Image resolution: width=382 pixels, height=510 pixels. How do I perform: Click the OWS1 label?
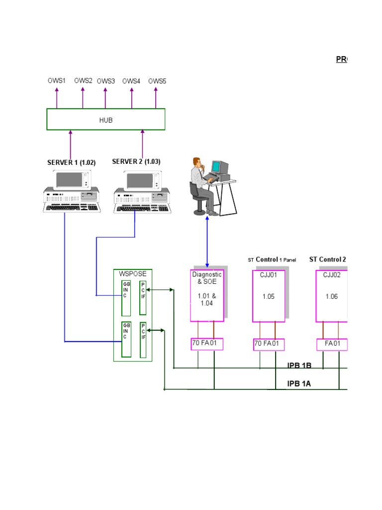point(56,80)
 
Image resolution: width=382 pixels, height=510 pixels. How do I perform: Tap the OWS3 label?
point(105,81)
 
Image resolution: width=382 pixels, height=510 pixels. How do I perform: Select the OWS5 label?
point(157,81)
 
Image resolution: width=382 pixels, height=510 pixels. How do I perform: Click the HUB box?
point(106,120)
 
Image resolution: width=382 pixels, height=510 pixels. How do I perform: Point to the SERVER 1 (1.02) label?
point(71,162)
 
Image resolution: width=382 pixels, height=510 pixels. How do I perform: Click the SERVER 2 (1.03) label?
point(136,162)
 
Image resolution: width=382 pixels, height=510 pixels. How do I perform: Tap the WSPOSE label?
point(132,273)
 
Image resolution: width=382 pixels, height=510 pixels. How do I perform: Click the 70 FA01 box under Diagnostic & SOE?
point(207,343)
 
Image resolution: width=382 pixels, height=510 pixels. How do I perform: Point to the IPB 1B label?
point(299,365)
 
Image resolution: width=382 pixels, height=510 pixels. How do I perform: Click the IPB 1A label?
point(299,383)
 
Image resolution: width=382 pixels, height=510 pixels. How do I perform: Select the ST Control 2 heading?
point(327,259)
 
